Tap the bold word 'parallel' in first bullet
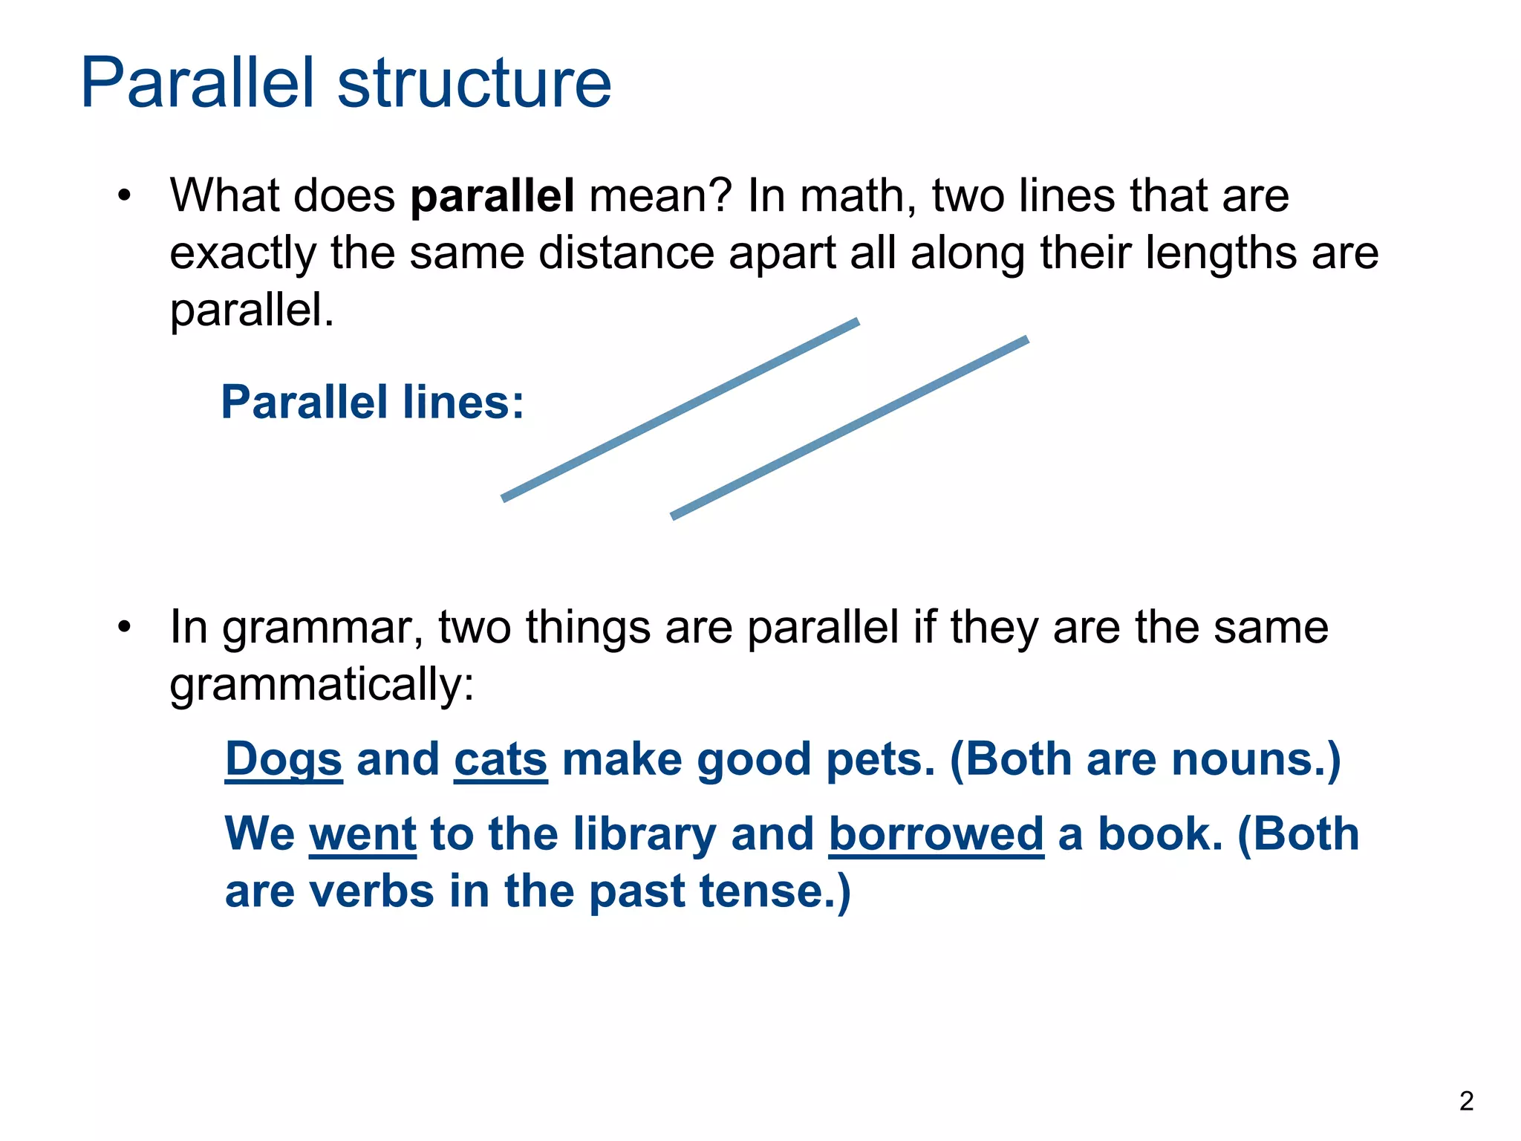click(x=492, y=196)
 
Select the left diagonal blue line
click(x=680, y=410)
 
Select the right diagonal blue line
click(x=850, y=428)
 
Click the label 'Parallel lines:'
click(x=373, y=403)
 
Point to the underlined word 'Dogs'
click(x=284, y=761)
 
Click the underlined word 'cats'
click(x=501, y=761)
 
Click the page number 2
click(x=1465, y=1101)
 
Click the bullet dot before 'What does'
click(x=124, y=197)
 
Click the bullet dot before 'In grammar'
click(x=124, y=628)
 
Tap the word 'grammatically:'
click(x=322, y=685)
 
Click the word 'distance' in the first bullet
click(x=625, y=253)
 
